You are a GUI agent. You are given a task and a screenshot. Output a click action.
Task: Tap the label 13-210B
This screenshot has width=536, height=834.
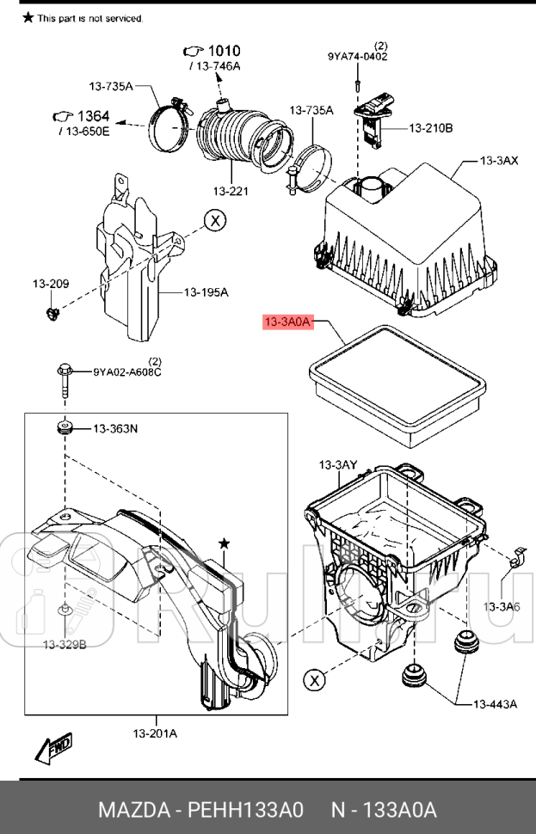(430, 129)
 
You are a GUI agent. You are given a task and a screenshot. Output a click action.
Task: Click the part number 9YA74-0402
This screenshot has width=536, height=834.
(357, 57)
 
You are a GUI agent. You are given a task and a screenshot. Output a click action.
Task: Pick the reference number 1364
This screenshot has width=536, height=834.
(93, 117)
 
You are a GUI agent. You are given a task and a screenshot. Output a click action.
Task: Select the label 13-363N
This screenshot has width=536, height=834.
(114, 427)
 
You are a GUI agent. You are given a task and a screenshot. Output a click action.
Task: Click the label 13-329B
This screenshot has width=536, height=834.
(66, 643)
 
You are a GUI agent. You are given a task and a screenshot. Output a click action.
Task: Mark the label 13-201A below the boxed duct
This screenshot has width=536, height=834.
(155, 733)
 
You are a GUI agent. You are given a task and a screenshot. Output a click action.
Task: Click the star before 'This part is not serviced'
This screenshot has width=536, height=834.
(28, 17)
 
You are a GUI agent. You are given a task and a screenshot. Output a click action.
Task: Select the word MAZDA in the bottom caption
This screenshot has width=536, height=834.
(133, 811)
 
